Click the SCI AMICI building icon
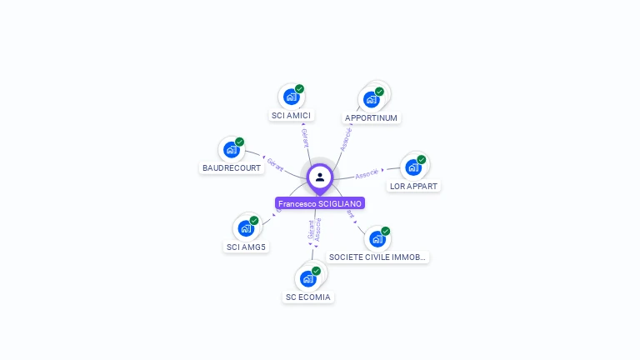(x=291, y=97)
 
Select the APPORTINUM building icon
(x=372, y=99)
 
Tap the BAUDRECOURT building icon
(x=231, y=150)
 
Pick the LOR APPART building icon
(x=413, y=167)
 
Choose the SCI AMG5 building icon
(x=246, y=228)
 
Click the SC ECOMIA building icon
(x=307, y=278)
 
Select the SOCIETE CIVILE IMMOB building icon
(x=377, y=239)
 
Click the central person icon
(x=320, y=177)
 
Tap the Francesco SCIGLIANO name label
(x=320, y=203)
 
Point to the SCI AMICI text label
(x=291, y=115)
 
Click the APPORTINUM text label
(x=372, y=118)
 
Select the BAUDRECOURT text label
(x=232, y=168)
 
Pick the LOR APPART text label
(x=413, y=187)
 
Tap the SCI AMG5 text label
(x=246, y=247)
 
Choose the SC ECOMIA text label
(x=308, y=297)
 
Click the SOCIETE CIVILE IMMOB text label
(x=377, y=257)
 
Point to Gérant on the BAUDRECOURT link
(x=276, y=162)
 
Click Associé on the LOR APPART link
(x=367, y=173)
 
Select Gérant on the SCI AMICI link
(x=305, y=138)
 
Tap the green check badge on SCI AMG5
(x=254, y=220)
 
